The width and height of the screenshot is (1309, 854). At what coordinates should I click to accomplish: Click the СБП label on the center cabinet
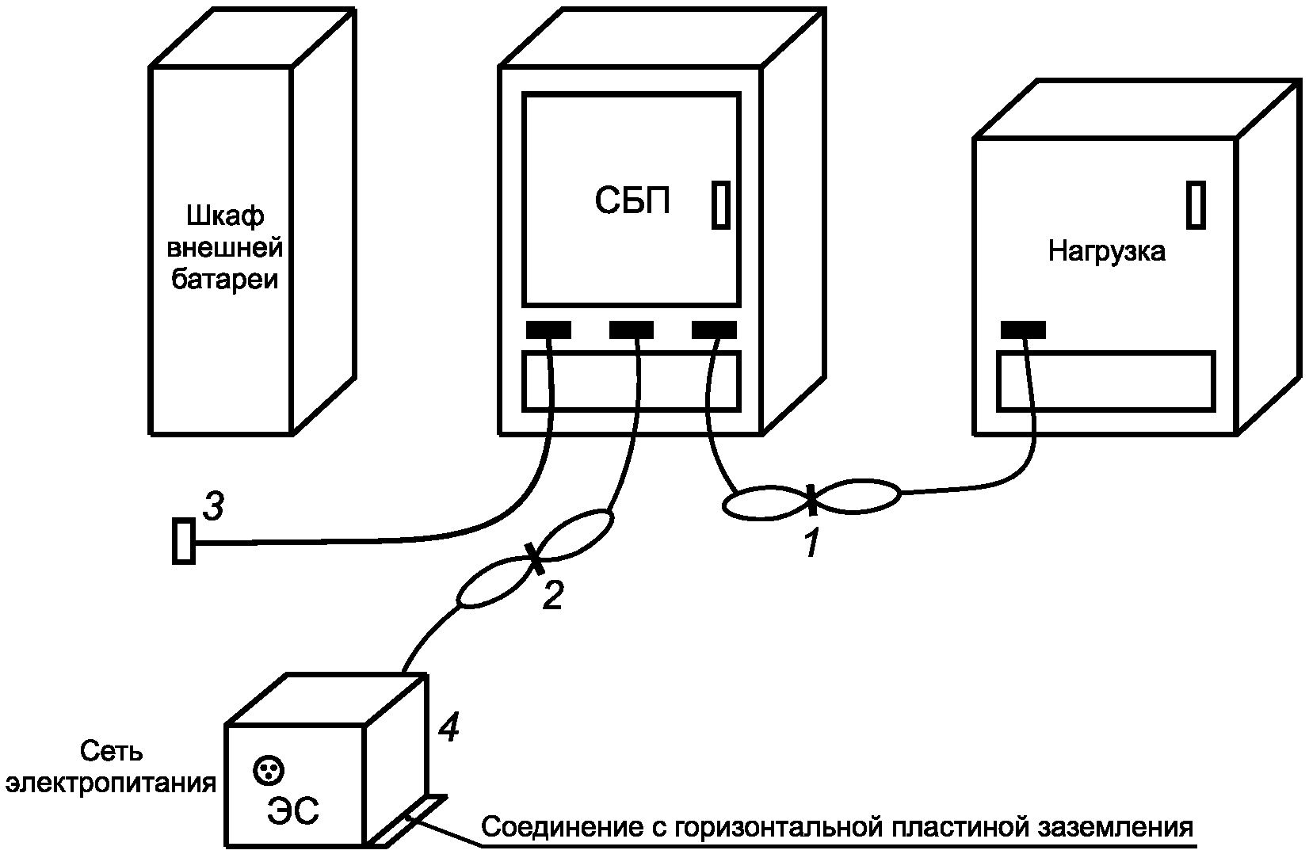[632, 201]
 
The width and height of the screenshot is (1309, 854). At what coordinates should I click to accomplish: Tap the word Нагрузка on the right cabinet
[1106, 251]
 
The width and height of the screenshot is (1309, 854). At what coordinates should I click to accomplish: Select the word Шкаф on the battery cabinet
[225, 216]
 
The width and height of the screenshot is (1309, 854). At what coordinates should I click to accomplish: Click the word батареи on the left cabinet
[224, 280]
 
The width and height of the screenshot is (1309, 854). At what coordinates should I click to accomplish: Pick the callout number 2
[553, 596]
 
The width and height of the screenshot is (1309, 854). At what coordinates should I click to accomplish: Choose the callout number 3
[214, 506]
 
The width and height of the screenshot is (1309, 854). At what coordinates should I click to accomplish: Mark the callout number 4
[448, 727]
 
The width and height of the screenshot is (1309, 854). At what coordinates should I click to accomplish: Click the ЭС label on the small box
[292, 810]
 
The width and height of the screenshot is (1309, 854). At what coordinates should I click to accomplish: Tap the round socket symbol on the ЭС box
[269, 771]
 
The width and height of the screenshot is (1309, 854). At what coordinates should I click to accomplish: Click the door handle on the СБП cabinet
[721, 205]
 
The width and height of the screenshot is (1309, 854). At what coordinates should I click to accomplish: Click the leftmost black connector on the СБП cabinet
[549, 330]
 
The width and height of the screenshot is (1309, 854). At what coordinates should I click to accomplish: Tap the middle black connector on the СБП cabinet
[632, 330]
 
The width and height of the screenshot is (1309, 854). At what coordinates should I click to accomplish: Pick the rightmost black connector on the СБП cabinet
[714, 330]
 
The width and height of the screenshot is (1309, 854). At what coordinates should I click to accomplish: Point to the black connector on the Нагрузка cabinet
[1023, 330]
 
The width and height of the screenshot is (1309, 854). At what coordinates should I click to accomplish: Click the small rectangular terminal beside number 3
[184, 541]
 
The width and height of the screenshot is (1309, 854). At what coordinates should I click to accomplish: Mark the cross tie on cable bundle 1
[811, 500]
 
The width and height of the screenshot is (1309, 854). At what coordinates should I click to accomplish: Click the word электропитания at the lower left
[111, 784]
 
